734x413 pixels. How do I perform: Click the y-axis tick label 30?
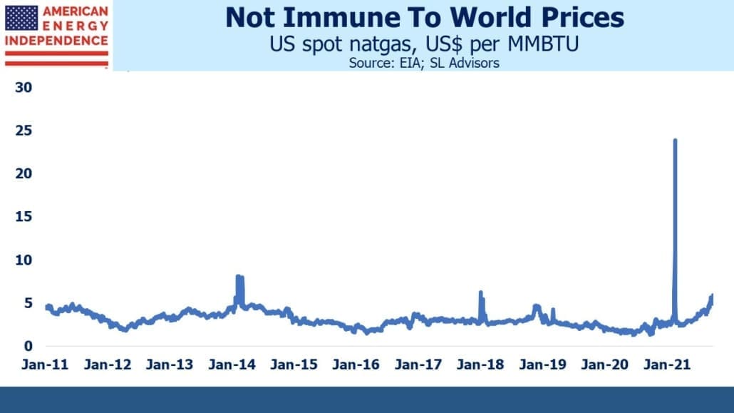[24, 87]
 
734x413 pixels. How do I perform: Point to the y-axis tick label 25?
[24, 131]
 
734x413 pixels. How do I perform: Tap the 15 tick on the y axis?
[24, 217]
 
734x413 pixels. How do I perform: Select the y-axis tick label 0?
[29, 346]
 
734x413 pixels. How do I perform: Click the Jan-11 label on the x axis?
[45, 364]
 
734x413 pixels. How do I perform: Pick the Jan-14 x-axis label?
[232, 364]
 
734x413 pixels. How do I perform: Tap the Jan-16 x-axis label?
[356, 364]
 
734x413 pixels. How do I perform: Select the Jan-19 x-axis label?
[542, 364]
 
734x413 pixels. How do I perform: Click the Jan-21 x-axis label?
[666, 364]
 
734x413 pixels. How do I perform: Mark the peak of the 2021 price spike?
[675, 141]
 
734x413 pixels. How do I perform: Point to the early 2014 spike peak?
[238, 277]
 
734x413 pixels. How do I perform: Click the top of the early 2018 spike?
[480, 292]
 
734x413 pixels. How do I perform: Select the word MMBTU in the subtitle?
[543, 44]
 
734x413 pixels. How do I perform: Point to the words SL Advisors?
[465, 63]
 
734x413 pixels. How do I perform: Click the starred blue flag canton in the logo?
[21, 19]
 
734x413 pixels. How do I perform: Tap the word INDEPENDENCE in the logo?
[56, 41]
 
